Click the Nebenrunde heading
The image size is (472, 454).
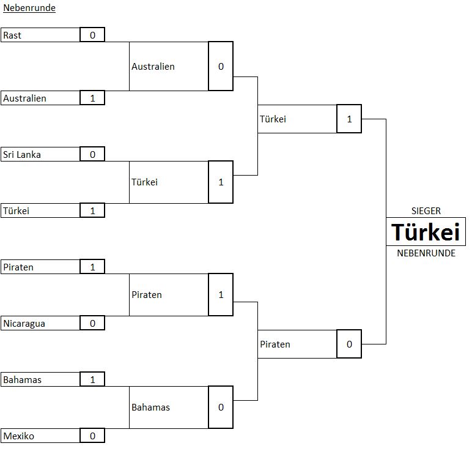29,8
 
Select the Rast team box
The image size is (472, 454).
40,35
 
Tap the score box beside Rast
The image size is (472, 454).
92,35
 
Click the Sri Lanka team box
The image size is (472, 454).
40,154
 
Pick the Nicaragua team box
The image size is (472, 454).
40,323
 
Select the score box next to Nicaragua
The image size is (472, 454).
92,323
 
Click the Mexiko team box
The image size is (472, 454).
40,436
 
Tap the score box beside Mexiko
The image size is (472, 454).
92,436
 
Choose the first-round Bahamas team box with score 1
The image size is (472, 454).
40,379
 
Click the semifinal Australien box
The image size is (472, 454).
168,66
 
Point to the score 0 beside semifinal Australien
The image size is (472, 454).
221,66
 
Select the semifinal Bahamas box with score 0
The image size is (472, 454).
168,407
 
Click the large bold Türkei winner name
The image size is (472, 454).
426,233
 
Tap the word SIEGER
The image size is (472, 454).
426,211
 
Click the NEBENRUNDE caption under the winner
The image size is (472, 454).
426,253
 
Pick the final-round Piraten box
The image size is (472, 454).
297,344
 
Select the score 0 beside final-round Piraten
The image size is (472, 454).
349,344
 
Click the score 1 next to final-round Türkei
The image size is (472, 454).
349,119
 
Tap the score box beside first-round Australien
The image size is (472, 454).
92,98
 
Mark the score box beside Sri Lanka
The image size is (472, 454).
92,154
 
